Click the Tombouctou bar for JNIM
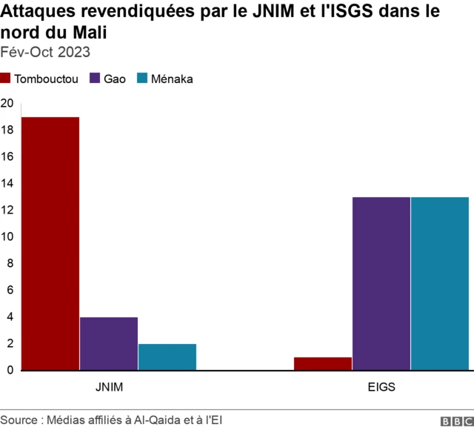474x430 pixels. point(50,243)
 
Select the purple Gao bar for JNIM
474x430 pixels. point(108,343)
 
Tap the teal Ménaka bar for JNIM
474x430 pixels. point(167,357)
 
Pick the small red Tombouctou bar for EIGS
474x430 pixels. point(322,363)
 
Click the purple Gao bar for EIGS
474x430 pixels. point(381,283)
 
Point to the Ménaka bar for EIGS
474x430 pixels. point(440,283)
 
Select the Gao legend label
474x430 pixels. point(114,79)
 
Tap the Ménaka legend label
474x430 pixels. point(172,79)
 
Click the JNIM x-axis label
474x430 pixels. point(109,387)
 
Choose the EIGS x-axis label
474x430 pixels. point(381,387)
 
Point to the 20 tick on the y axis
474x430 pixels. point(7,103)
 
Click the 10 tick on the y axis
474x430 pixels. point(7,236)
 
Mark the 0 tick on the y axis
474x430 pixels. point(7,370)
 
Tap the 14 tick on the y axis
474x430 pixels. point(7,183)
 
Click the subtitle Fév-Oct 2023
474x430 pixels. point(46,52)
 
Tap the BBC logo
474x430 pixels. point(455,420)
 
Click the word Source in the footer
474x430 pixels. point(19,420)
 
